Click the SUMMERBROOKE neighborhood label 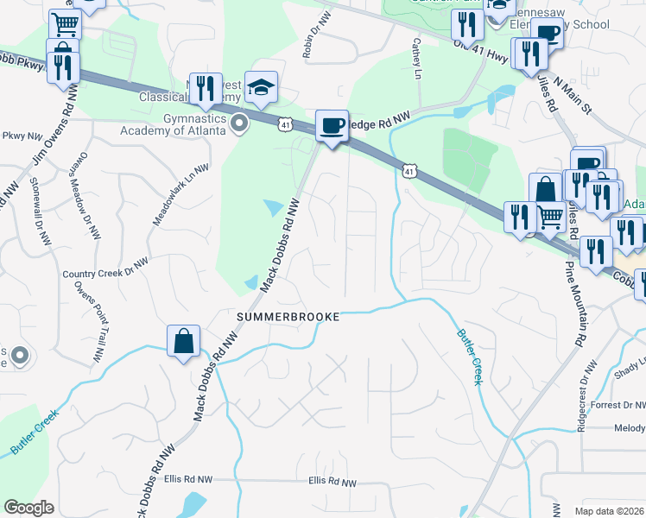point(288,318)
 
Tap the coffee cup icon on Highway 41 point(332,126)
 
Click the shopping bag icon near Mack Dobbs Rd point(184,341)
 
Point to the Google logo point(29,508)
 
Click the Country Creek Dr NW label point(105,274)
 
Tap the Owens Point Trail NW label point(87,320)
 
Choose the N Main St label point(573,95)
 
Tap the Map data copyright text point(610,510)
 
